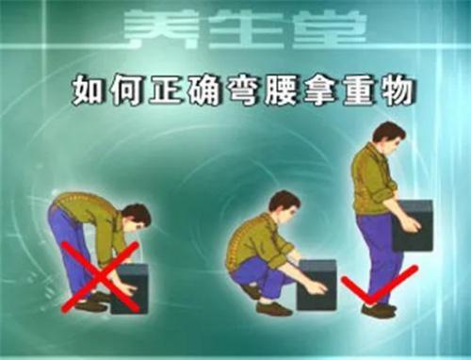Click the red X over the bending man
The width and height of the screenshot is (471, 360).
101,276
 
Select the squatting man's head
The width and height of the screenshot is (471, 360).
284,205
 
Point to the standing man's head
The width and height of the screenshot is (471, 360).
389,139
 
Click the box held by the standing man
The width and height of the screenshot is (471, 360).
413,225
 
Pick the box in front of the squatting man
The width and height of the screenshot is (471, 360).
317,285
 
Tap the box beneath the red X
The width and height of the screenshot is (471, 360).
129,288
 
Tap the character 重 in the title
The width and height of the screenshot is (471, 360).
357,90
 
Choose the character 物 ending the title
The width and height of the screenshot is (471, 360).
397,90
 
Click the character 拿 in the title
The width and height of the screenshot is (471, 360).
318,90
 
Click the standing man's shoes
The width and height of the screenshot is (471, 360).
379,309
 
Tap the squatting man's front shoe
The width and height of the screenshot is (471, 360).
274,309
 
